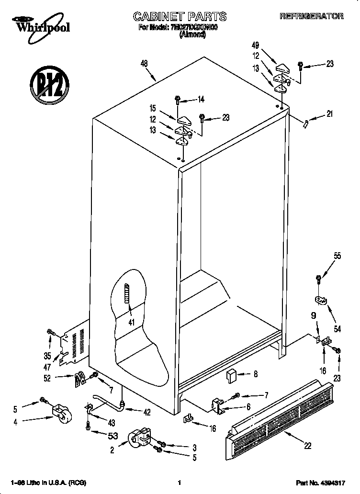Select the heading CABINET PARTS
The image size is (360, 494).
click(x=180, y=17)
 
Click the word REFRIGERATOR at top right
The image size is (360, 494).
click(x=311, y=16)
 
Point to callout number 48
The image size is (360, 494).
click(x=144, y=63)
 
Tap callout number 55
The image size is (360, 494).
click(x=337, y=256)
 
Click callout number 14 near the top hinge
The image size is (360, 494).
click(x=201, y=100)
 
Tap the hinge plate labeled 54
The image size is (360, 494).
click(x=320, y=300)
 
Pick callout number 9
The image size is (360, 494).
click(x=314, y=315)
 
